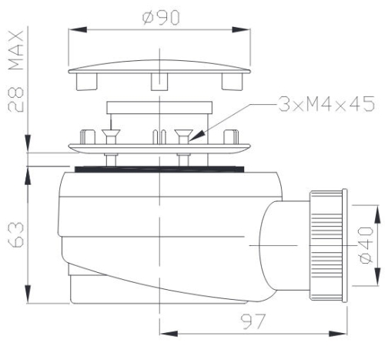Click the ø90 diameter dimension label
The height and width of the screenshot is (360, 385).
pyautogui.click(x=161, y=18)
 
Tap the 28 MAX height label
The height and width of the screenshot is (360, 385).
pyautogui.click(x=16, y=71)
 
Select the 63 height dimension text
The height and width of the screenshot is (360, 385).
pyautogui.click(x=16, y=235)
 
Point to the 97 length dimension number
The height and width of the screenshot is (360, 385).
pyautogui.click(x=253, y=321)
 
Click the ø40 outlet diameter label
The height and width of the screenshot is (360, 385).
pyautogui.click(x=366, y=245)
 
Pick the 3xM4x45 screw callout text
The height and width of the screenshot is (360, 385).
pyautogui.click(x=326, y=104)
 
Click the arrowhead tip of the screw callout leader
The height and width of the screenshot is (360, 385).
pyautogui.click(x=189, y=141)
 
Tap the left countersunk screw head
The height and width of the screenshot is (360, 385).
pyautogui.click(x=111, y=133)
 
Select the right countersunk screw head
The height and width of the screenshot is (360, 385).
pyautogui.click(x=183, y=133)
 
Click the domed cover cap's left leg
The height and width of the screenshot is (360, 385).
pyautogui.click(x=87, y=82)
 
